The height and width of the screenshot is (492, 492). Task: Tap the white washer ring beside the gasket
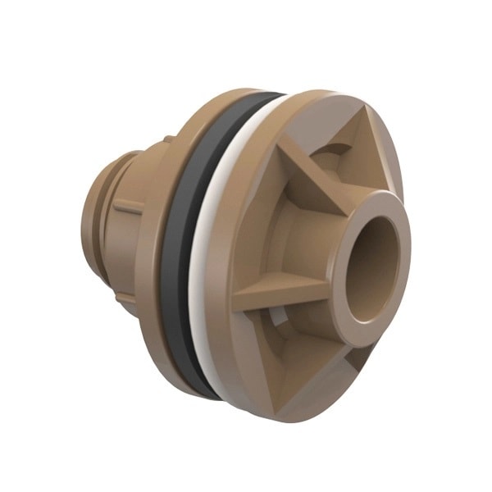(x=207, y=246)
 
